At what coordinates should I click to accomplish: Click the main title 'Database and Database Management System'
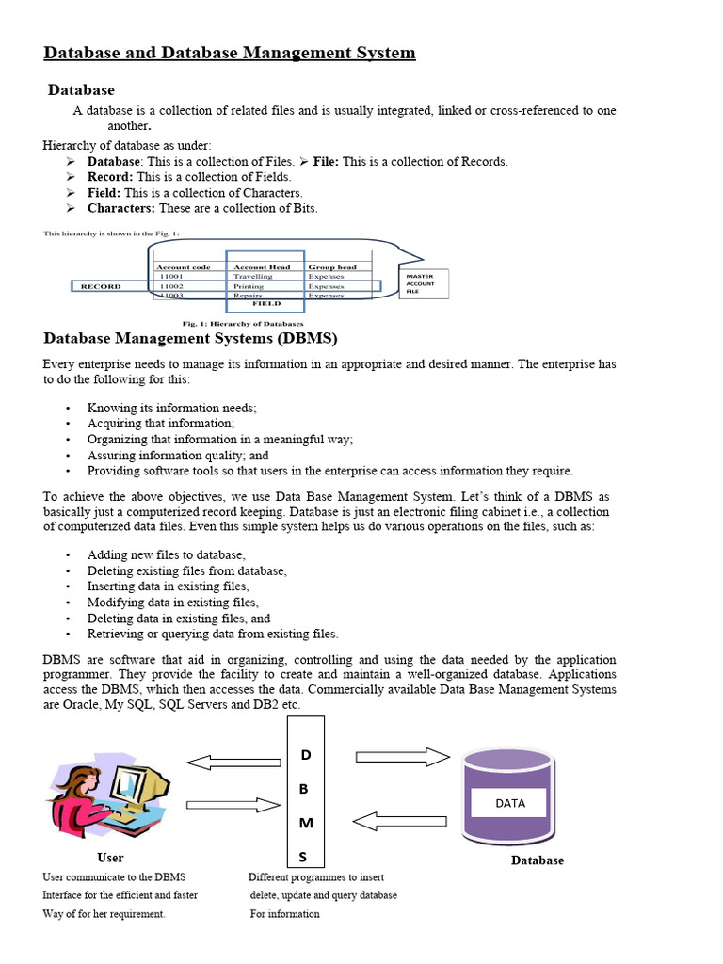coord(229,53)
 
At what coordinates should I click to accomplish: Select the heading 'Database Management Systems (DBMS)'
coord(190,338)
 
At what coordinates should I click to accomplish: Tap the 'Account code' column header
coord(182,266)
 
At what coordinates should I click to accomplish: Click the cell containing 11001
coord(171,276)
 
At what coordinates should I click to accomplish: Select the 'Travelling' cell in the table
coord(252,276)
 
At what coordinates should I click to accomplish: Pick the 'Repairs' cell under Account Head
coord(248,295)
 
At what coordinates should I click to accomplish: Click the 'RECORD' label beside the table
coord(101,286)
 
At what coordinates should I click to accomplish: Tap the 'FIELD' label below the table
coord(265,304)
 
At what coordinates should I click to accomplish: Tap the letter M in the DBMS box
coord(305,823)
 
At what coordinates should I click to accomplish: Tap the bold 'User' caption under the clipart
coord(110,858)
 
